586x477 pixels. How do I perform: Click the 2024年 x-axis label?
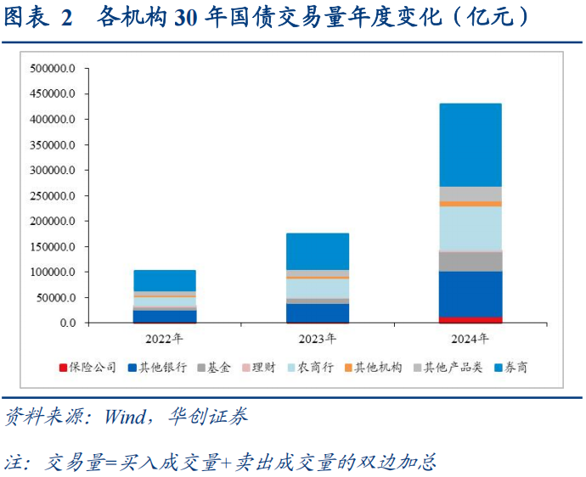[470, 339]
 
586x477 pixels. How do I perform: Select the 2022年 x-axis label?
[164, 339]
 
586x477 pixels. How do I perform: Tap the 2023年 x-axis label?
[317, 339]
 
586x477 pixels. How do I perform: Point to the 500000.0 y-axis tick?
[53, 68]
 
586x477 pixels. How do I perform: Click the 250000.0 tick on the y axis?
[53, 196]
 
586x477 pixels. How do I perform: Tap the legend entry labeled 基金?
[218, 368]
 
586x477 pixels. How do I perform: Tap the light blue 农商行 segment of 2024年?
[470, 227]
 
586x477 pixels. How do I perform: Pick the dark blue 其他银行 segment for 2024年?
[470, 294]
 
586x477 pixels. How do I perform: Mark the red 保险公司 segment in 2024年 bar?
[470, 320]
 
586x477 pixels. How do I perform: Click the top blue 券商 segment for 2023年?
[317, 251]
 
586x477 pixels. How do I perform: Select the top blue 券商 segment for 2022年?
[164, 281]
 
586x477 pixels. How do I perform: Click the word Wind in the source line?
[123, 417]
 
